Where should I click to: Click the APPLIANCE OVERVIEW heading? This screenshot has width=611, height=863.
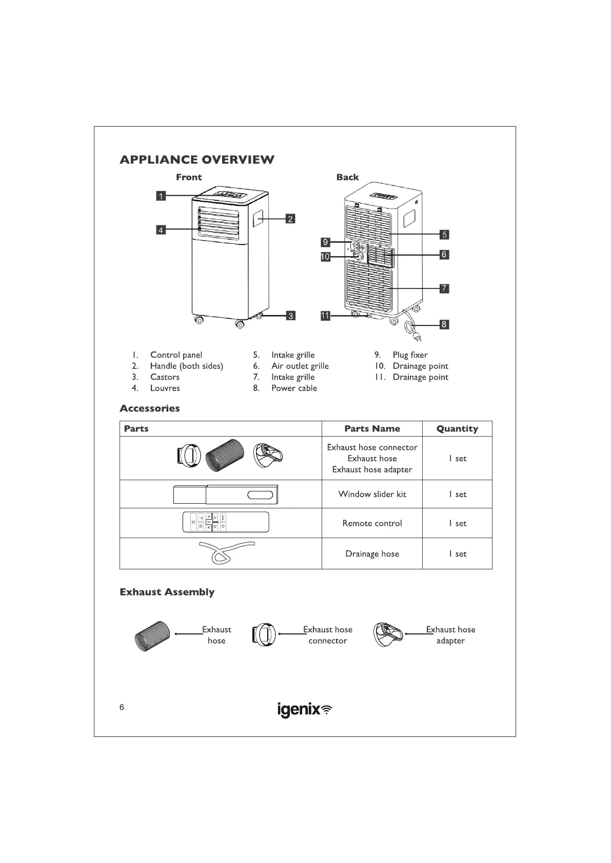click(x=197, y=160)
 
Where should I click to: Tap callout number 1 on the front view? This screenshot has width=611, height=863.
click(x=161, y=196)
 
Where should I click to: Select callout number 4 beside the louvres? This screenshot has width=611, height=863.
click(x=161, y=230)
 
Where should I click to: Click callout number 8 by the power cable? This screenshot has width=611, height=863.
click(x=444, y=324)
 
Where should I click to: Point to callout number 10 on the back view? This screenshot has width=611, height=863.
click(x=325, y=257)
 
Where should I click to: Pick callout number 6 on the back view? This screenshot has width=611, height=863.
click(x=444, y=254)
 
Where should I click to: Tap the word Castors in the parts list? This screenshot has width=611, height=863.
click(x=165, y=377)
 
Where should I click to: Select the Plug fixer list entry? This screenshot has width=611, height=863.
click(x=409, y=355)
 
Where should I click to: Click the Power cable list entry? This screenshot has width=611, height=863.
click(x=294, y=388)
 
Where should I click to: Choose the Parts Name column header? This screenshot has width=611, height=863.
click(x=372, y=429)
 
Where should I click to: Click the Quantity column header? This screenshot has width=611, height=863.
click(x=457, y=429)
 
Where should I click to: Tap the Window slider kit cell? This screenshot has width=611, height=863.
click(x=372, y=495)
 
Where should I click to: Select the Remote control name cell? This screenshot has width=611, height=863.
click(x=372, y=523)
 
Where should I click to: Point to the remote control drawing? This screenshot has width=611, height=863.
click(x=226, y=522)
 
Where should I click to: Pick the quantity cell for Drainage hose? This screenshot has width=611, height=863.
click(x=457, y=554)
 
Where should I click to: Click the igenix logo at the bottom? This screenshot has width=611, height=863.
click(x=305, y=710)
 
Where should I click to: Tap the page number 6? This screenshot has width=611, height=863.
click(x=122, y=708)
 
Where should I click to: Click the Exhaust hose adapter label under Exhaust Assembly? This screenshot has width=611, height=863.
click(x=450, y=635)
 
